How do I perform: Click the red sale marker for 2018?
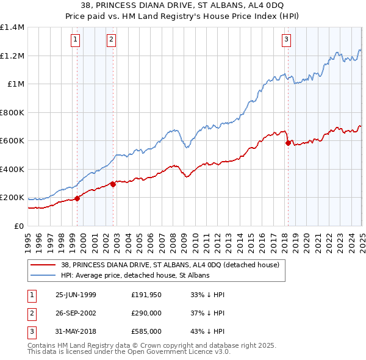[288, 143]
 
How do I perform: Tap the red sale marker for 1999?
[77, 198]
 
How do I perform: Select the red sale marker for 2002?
[113, 184]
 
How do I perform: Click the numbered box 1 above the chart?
[75, 40]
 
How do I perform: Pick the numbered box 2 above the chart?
[111, 40]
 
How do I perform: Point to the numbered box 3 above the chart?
[286, 40]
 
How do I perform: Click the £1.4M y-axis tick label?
[12, 27]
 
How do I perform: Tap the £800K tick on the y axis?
[12, 112]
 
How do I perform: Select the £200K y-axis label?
[12, 198]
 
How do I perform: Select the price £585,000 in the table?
[146, 331]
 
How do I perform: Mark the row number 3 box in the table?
[30, 331]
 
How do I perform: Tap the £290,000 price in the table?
[146, 313]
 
